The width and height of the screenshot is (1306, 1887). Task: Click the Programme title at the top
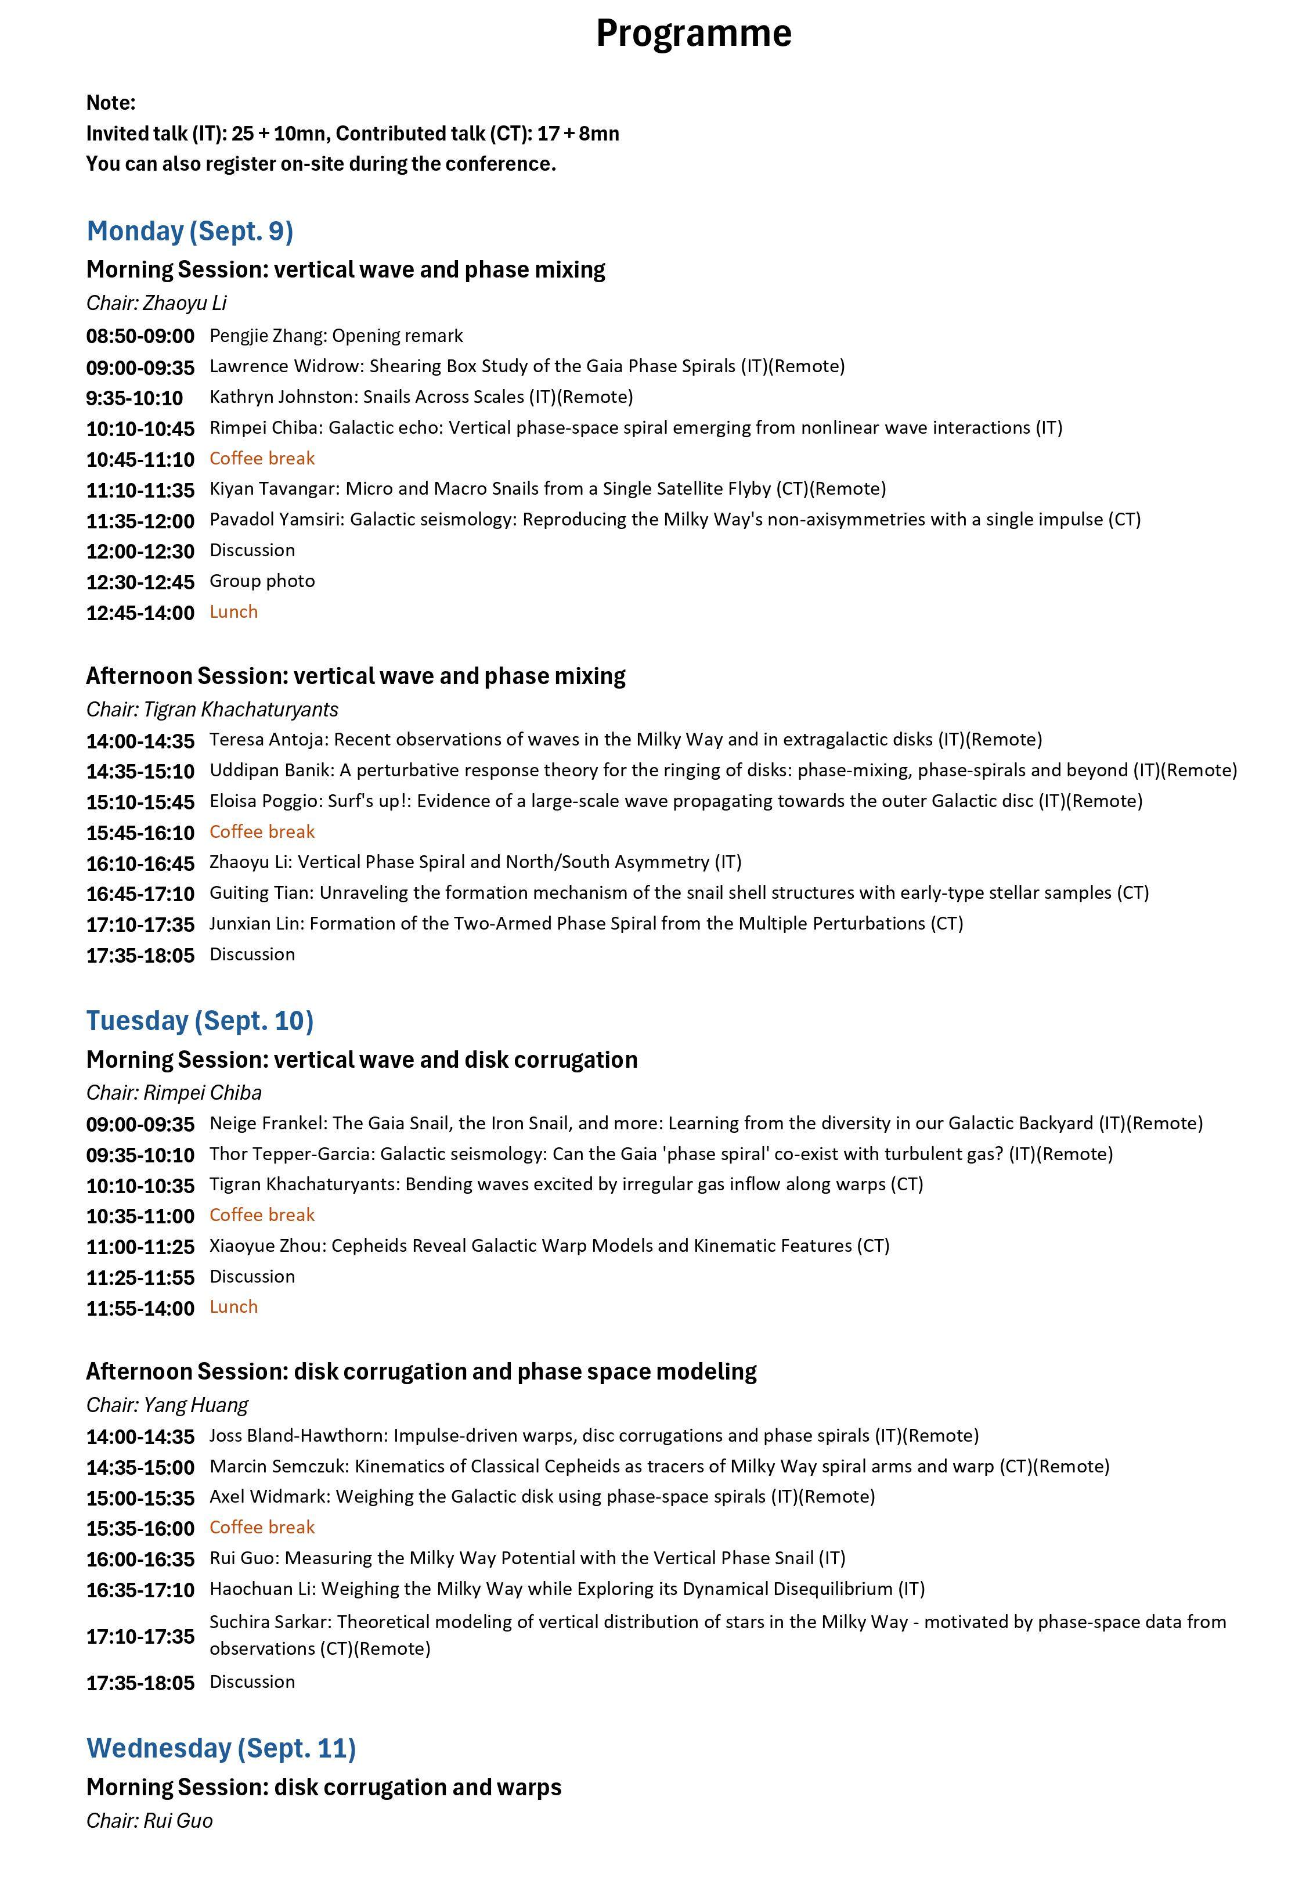pos(693,34)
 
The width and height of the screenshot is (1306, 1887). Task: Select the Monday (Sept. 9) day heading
pos(190,232)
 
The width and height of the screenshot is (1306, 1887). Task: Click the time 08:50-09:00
pos(140,336)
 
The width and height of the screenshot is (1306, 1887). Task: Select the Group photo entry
pos(262,581)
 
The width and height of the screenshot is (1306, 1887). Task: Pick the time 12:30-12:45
pos(140,582)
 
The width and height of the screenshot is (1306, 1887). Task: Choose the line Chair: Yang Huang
pos(167,1405)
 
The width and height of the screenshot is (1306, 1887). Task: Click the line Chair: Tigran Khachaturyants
pos(212,710)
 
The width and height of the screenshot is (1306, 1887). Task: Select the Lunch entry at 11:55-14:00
pos(233,1307)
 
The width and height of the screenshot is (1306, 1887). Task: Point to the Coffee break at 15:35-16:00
pos(262,1527)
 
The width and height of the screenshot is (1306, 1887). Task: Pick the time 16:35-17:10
pos(140,1590)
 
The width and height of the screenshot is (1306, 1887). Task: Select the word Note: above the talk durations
pos(110,103)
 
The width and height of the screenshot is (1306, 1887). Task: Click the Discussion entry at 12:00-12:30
pos(252,551)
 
